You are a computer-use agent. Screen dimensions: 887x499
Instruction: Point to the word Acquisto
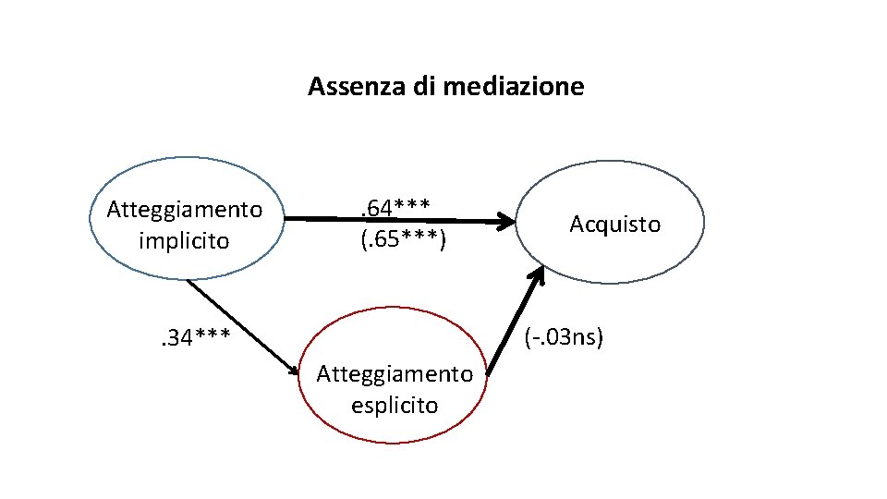[x=614, y=224]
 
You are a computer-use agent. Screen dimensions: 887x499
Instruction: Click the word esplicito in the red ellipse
[x=395, y=406]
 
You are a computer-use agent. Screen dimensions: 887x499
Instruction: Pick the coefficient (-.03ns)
[x=564, y=338]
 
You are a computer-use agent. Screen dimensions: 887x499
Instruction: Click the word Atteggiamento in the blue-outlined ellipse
[x=185, y=209]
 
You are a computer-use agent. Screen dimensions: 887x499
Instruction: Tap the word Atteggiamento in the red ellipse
[x=395, y=373]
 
